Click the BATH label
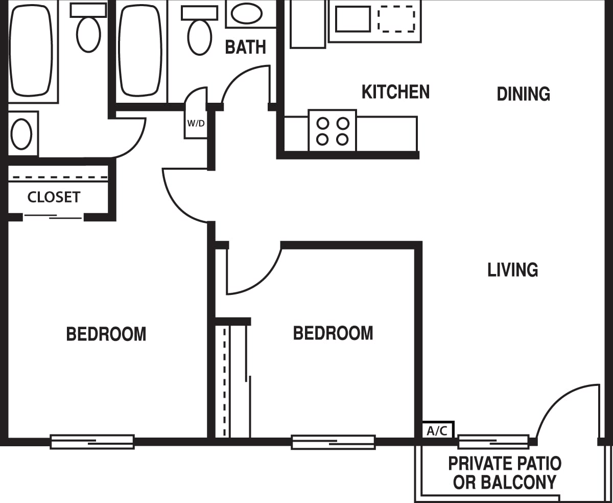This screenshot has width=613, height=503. point(246,47)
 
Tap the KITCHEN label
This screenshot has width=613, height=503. point(395,92)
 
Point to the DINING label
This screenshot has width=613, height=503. point(523,94)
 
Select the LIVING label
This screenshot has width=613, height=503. point(512,269)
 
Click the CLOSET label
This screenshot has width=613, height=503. point(54,197)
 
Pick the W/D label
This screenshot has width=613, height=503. point(196,123)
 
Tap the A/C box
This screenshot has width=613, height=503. point(437,430)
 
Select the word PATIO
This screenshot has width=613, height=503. point(534,464)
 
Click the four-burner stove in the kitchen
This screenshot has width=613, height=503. point(332,131)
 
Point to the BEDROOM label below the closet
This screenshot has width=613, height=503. point(106,334)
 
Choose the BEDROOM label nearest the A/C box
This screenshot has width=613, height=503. point(333,333)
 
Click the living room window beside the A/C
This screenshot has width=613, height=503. point(493,442)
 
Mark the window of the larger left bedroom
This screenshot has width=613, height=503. point(92,442)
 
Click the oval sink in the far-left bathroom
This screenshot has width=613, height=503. point(21,133)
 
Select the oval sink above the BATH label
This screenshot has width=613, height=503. point(247,13)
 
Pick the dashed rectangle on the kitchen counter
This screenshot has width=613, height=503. point(396,19)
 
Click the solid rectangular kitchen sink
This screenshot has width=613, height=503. point(352,19)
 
